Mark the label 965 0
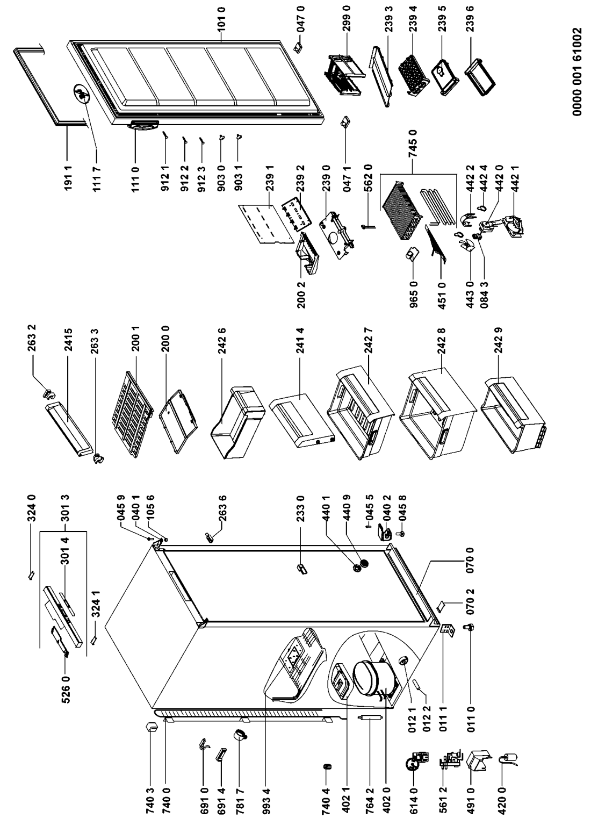tap(413, 295)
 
